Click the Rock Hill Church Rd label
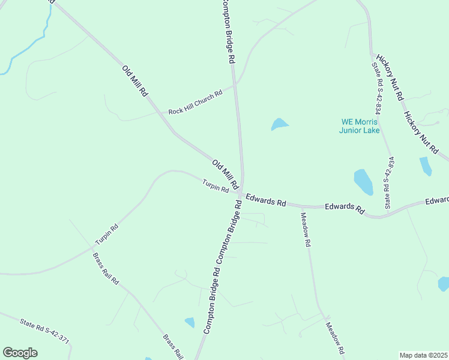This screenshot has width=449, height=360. [x=195, y=102]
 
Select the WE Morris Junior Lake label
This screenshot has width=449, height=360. [x=359, y=126]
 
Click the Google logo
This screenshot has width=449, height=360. [x=20, y=353]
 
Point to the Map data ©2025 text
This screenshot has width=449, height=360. [x=423, y=355]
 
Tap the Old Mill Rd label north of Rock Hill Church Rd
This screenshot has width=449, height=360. [x=135, y=81]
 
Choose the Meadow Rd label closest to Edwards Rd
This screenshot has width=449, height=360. [x=306, y=230]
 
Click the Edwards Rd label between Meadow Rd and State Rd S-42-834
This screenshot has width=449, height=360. [x=345, y=208]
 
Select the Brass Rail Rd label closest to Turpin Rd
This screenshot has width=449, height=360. [x=106, y=269]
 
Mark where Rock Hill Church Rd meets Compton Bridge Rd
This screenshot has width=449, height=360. [x=235, y=85]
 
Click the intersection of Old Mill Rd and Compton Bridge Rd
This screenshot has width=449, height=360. [x=242, y=192]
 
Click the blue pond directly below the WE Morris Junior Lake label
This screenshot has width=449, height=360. [x=363, y=181]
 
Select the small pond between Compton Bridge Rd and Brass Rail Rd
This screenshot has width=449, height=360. [x=190, y=322]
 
